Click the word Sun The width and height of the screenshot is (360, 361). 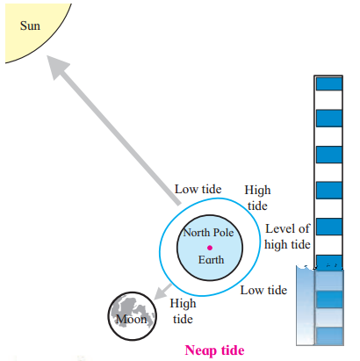[x=30, y=25]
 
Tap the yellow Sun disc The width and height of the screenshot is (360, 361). [x=32, y=26]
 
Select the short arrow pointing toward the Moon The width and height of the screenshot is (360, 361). [x=162, y=292]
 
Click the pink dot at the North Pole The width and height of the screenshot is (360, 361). [x=210, y=248]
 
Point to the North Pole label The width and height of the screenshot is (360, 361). [x=208, y=233]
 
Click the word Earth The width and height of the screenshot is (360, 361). [x=211, y=260]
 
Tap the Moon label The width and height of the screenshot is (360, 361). [x=132, y=319]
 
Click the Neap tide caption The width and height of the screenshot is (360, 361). [x=214, y=350]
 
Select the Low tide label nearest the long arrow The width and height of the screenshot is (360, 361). [x=198, y=189]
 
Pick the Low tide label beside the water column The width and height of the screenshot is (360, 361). [x=263, y=290]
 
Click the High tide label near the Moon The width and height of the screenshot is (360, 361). [x=183, y=311]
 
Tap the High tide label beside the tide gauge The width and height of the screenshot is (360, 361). [x=257, y=198]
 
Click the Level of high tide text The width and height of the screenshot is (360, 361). [x=287, y=236]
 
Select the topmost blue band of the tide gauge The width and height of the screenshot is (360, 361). [x=329, y=84]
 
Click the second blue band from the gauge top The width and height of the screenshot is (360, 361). [x=329, y=119]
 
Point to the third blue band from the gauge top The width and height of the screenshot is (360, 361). [x=329, y=155]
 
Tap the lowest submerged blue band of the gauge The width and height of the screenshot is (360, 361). [x=329, y=336]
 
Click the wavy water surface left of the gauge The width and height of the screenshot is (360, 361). [x=306, y=267]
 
